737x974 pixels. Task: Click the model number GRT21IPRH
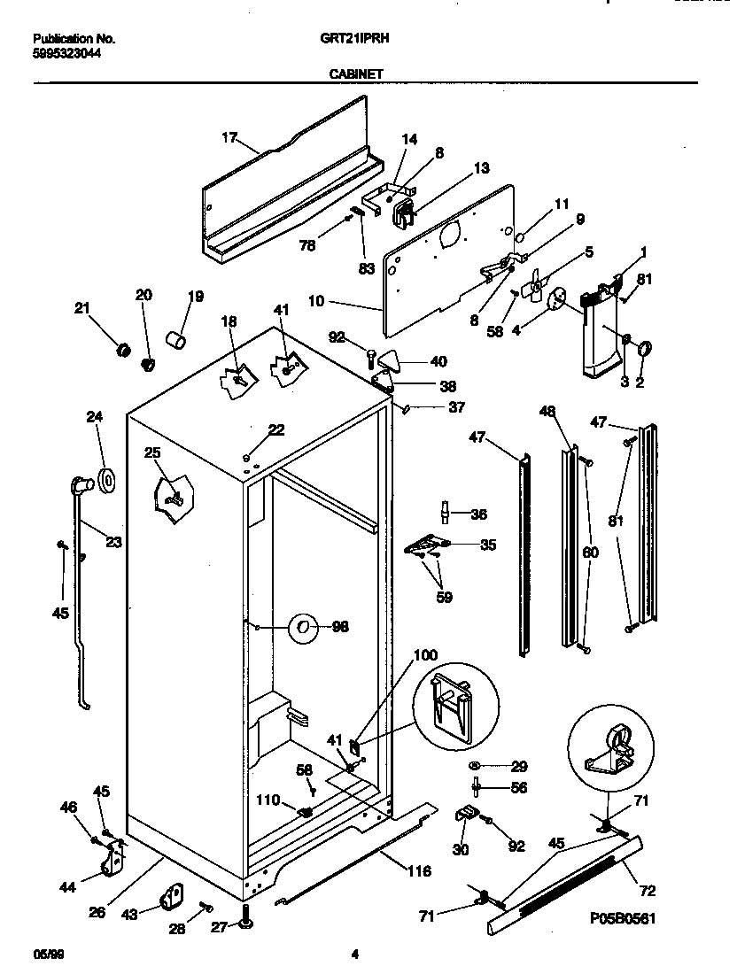[356, 39]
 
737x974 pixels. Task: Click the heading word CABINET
[356, 74]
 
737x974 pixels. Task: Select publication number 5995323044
[66, 52]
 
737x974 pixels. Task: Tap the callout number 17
[229, 137]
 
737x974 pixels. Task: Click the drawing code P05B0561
[622, 919]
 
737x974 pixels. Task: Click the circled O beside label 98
[303, 626]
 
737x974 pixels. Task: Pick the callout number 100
[425, 655]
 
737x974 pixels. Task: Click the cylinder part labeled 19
[176, 339]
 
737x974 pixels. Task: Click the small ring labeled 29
[475, 765]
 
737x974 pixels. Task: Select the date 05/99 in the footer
[45, 954]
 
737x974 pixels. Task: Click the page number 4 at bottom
[354, 954]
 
